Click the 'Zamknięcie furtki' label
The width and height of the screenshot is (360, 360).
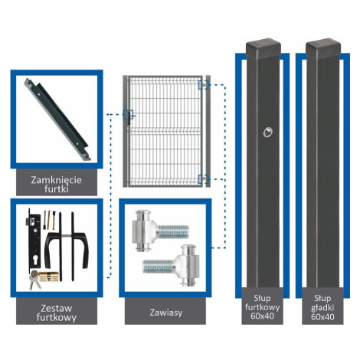pyautogui.click(x=57, y=185)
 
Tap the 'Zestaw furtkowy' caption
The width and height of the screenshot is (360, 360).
pyautogui.click(x=57, y=313)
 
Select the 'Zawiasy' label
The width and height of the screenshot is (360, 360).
pyautogui.click(x=166, y=313)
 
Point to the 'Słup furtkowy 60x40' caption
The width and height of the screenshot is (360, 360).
pyautogui.click(x=262, y=307)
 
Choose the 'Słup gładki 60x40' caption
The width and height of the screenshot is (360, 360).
pyautogui.click(x=322, y=307)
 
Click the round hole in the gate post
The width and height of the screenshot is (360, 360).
pyautogui.click(x=267, y=133)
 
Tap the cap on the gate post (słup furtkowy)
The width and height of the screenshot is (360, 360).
pyautogui.click(x=263, y=49)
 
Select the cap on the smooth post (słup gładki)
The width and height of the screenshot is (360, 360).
pyautogui.click(x=323, y=49)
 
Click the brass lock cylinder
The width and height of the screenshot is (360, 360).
pyautogui.click(x=48, y=276)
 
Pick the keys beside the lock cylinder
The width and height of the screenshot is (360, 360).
pyautogui.click(x=34, y=280)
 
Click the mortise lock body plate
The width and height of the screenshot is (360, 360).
pyautogui.click(x=34, y=241)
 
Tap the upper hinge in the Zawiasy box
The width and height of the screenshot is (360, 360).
pyautogui.click(x=160, y=231)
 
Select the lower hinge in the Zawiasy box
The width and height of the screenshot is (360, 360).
pyautogui.click(x=171, y=266)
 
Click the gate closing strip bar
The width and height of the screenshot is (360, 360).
pyautogui.click(x=57, y=119)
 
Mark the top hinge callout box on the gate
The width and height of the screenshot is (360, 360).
pyautogui.click(x=204, y=85)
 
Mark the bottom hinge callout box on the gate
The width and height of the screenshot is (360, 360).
pyautogui.click(x=204, y=179)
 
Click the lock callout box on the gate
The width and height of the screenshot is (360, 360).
pyautogui.click(x=128, y=114)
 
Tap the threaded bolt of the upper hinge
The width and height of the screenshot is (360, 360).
pyautogui.click(x=173, y=231)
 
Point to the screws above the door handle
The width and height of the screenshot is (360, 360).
pyautogui.click(x=49, y=220)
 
